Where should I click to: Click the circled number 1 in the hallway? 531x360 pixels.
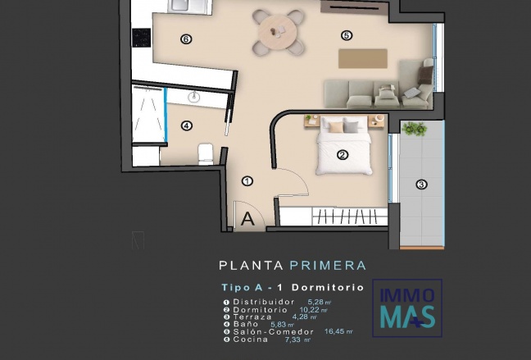click(x=247, y=181)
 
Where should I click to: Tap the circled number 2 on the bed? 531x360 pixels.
click(x=343, y=154)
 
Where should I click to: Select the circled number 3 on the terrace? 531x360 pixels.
click(x=421, y=185)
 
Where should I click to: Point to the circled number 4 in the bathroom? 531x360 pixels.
click(x=187, y=125)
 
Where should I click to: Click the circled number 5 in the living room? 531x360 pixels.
click(x=347, y=35)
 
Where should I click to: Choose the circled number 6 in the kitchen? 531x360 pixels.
click(x=186, y=39)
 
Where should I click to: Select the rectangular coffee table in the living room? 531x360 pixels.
click(x=362, y=58)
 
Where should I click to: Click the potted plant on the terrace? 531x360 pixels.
click(x=415, y=129)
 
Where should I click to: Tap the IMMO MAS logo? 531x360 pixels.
click(x=407, y=307)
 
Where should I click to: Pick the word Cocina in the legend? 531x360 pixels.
click(x=250, y=339)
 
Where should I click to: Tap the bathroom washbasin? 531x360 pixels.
click(x=194, y=97)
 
